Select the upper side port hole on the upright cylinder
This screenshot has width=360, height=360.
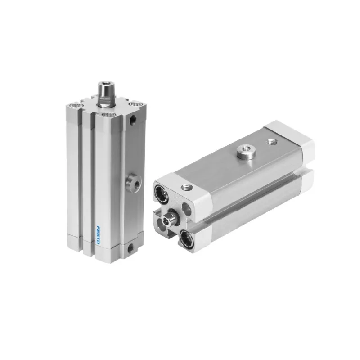[x=133, y=120]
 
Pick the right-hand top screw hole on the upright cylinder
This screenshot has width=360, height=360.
[x=134, y=105]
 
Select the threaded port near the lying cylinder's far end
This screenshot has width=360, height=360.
[x=272, y=141]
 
